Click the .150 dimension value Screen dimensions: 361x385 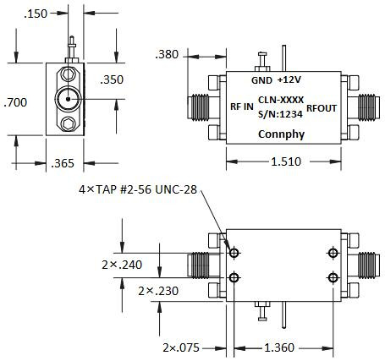(x=36, y=14)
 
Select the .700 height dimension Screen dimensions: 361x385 (x=14, y=103)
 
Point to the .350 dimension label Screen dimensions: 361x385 (x=113, y=80)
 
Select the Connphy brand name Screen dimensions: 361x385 (x=279, y=133)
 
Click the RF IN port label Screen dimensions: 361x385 (x=240, y=107)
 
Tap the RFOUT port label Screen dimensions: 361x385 (x=322, y=107)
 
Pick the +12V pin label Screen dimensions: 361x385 (x=289, y=80)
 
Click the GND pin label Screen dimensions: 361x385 (x=261, y=80)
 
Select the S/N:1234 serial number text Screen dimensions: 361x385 (x=280, y=114)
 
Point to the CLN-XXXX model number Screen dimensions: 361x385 (x=280, y=100)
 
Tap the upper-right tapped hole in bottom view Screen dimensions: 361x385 (x=333, y=253)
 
